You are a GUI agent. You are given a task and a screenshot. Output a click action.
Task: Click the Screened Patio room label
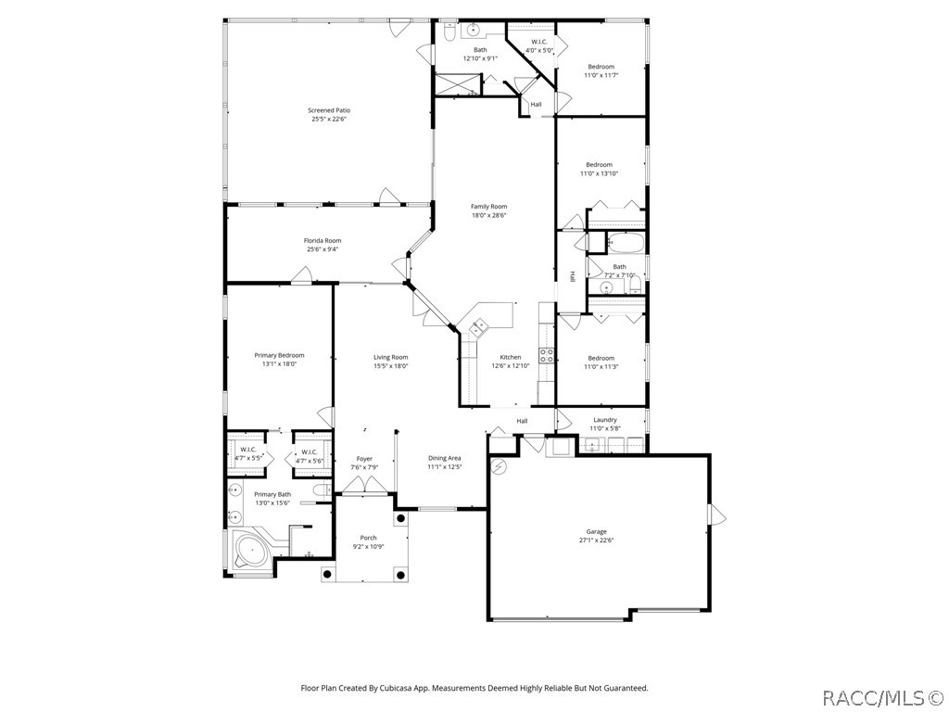click(329, 110)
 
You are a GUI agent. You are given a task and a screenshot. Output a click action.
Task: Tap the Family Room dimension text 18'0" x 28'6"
click(489, 215)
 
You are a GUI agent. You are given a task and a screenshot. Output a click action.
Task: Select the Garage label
click(596, 531)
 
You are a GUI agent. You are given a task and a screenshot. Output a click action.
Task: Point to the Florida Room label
click(323, 240)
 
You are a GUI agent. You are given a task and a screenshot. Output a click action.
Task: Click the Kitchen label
click(511, 357)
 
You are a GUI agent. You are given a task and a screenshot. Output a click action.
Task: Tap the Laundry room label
click(604, 419)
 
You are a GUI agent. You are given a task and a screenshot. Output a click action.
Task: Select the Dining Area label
click(444, 457)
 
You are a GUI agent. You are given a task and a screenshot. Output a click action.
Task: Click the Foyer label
click(364, 458)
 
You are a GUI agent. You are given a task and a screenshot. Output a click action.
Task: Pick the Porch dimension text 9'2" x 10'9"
click(369, 547)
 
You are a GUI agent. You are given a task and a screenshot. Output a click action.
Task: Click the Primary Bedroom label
click(279, 354)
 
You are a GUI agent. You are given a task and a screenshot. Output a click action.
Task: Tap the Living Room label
click(390, 357)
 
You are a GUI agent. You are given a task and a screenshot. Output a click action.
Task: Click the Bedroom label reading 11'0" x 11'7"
click(601, 67)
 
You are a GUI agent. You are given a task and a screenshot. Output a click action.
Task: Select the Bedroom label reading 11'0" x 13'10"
click(599, 164)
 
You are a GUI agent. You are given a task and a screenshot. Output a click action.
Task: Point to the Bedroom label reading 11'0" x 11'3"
click(601, 358)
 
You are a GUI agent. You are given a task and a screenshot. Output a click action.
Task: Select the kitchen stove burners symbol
click(547, 355)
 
